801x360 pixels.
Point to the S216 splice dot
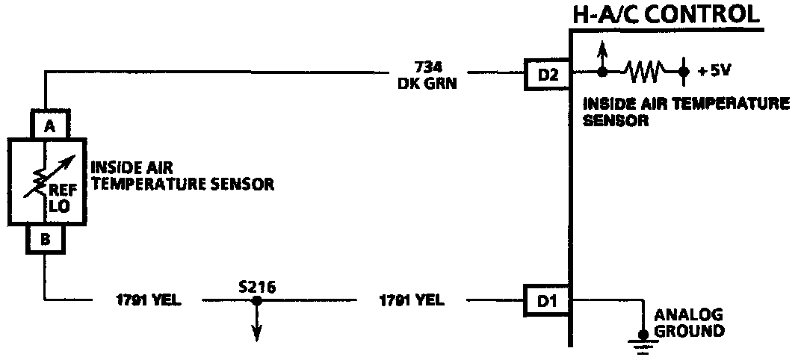(256, 301)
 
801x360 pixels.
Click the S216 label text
(256, 286)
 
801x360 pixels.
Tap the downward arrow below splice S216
(256, 329)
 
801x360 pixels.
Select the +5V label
(714, 72)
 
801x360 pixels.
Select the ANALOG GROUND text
(688, 323)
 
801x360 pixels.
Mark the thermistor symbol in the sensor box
(47, 179)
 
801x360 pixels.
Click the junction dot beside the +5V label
(683, 72)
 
